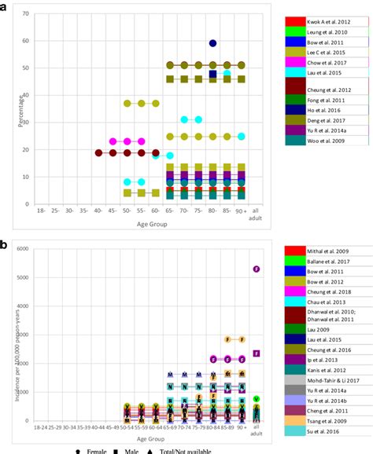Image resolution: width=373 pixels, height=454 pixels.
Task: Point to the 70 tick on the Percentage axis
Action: pos(27,14)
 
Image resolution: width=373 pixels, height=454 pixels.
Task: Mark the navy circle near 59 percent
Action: pos(213,43)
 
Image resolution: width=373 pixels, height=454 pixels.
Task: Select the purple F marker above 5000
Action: pos(257,269)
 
